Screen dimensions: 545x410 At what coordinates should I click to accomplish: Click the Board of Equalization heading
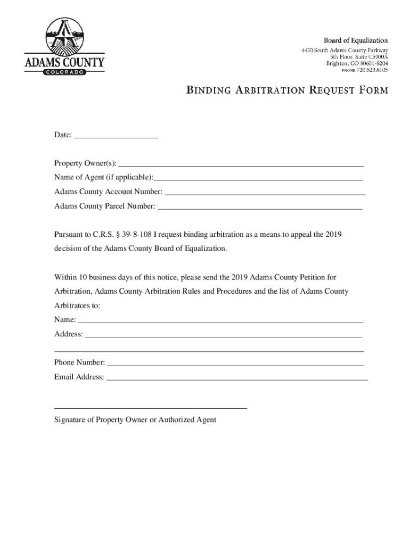[x=356, y=40]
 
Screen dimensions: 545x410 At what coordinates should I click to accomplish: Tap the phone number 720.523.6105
[x=372, y=70]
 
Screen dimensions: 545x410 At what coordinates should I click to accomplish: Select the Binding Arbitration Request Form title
[x=287, y=90]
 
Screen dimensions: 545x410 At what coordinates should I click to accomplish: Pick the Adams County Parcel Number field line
[x=261, y=208]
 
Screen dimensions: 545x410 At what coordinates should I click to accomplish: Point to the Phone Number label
[x=79, y=362]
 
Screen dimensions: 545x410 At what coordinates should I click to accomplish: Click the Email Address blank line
[x=237, y=379]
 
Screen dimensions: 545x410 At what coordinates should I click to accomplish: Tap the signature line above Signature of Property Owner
[x=151, y=408]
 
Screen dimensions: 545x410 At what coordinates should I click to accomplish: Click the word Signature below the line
[x=70, y=420]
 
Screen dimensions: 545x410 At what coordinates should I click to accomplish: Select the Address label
[x=68, y=334]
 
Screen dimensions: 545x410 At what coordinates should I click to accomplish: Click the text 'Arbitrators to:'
[x=77, y=306]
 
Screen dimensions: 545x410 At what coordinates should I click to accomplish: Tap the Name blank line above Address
[x=220, y=322]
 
